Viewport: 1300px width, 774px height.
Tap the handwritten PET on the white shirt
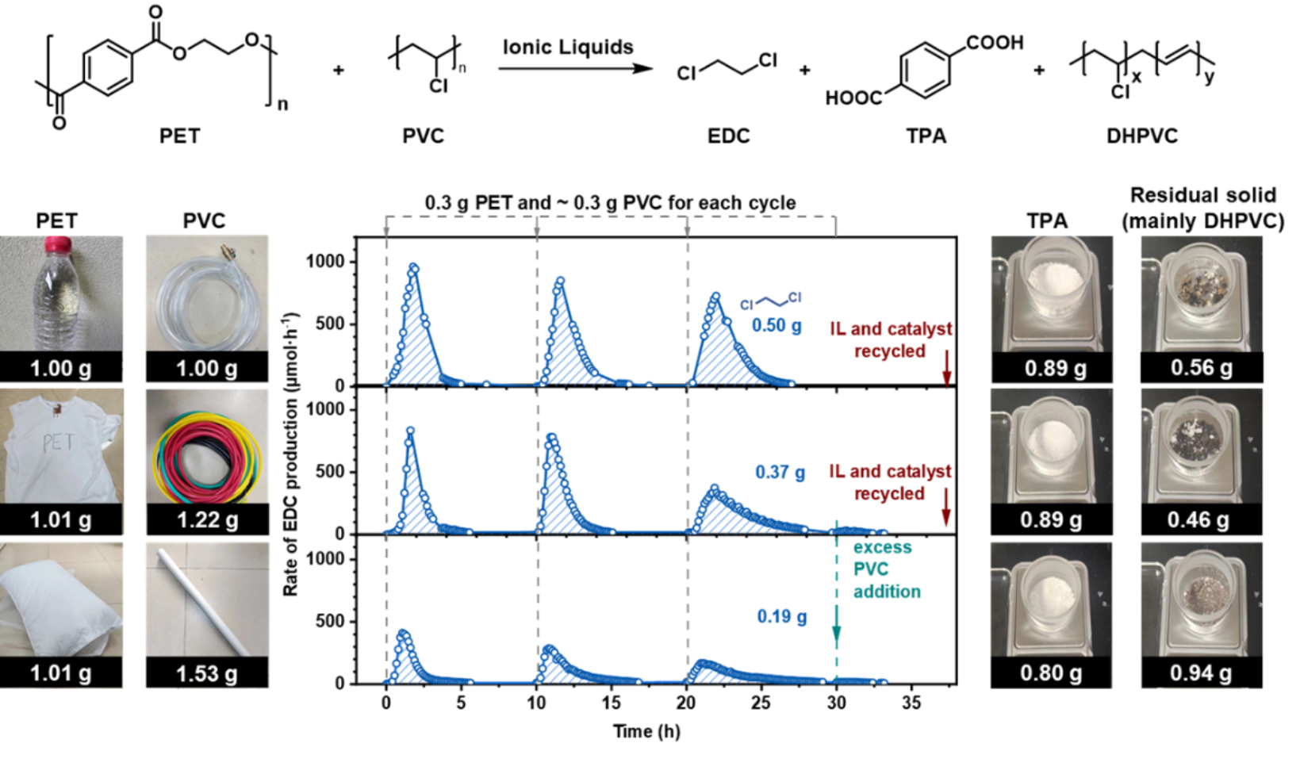(57, 442)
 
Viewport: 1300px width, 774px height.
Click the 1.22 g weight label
(207, 520)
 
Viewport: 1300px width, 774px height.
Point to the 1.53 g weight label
(207, 674)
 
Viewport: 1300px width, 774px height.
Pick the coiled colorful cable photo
(207, 446)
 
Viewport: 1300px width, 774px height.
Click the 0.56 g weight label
(1202, 368)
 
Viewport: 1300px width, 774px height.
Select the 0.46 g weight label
(1198, 520)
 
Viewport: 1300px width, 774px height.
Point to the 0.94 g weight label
(1201, 673)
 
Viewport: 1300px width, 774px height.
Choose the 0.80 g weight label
(1051, 673)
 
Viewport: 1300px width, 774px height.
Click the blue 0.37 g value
(780, 473)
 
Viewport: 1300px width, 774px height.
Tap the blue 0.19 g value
(781, 616)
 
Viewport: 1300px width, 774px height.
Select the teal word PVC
(871, 569)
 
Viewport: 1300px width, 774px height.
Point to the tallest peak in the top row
(413, 267)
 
